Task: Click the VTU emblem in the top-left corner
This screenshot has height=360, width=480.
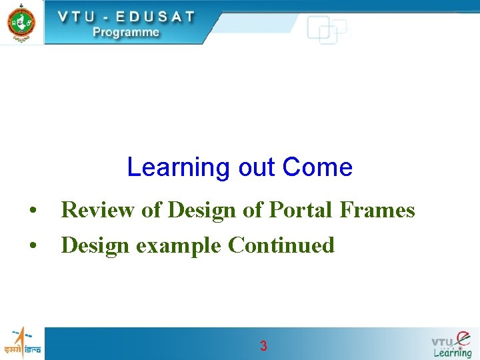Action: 21,21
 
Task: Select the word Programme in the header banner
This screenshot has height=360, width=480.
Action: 126,32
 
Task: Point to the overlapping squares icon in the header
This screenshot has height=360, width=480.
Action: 327,30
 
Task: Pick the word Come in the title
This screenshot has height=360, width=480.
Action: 317,167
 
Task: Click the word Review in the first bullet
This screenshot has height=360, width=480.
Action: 99,211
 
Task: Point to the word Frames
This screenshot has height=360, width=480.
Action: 377,211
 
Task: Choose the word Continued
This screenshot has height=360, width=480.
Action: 281,245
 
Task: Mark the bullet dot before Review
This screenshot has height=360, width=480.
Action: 32,212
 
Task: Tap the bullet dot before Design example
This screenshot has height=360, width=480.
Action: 32,247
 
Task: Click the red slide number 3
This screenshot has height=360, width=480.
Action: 263,346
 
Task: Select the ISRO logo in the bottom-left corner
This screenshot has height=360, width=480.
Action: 21,343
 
